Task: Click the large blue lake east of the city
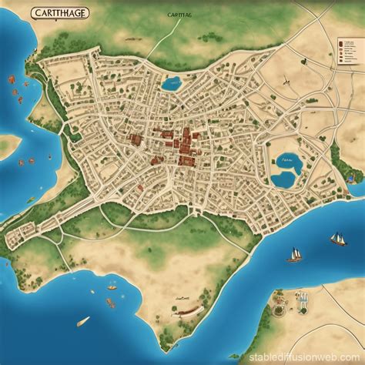coord(283,171)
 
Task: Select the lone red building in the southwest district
coord(139,187)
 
